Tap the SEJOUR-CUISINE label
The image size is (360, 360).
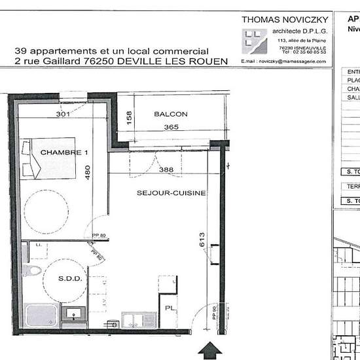[171, 193]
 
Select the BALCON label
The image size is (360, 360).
[170, 114]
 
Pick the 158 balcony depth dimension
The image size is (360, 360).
[129, 118]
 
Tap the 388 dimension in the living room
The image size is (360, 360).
[166, 170]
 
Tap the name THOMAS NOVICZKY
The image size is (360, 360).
[283, 20]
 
